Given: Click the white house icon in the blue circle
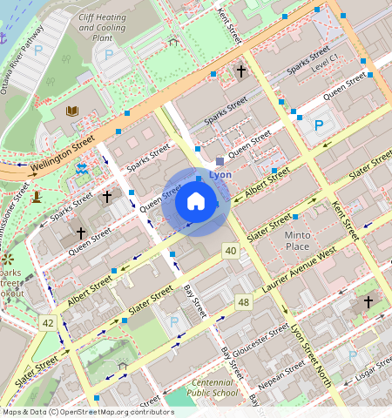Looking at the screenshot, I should click(196, 202).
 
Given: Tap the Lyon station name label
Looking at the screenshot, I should click(220, 175).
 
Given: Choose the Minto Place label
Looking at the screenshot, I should click(297, 240).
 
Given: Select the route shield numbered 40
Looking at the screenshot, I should click(230, 251).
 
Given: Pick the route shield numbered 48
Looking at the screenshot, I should click(243, 302).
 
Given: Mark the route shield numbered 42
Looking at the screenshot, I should click(46, 322).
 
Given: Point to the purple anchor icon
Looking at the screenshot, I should click(4, 37).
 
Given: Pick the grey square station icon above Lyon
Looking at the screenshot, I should click(220, 161).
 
